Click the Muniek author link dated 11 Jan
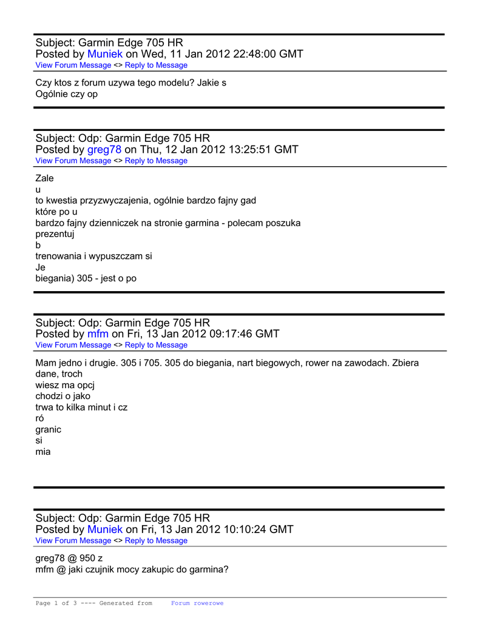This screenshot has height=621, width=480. pyautogui.click(x=105, y=54)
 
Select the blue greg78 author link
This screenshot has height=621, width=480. pyautogui.click(x=104, y=149)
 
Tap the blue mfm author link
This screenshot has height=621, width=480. pyautogui.click(x=98, y=334)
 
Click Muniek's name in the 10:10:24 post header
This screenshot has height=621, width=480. pyautogui.click(x=105, y=529)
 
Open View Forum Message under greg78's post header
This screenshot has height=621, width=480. pyautogui.click(x=73, y=161)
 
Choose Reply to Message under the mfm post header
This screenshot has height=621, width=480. pyautogui.click(x=156, y=345)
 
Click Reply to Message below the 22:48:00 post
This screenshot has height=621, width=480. pyautogui.click(x=156, y=65)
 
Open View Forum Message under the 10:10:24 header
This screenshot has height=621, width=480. pyautogui.click(x=73, y=541)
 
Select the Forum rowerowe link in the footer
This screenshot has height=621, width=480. pyautogui.click(x=197, y=603)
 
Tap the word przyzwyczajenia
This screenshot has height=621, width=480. pyautogui.click(x=112, y=200)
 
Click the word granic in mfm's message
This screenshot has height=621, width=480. pyautogui.click(x=48, y=429)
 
